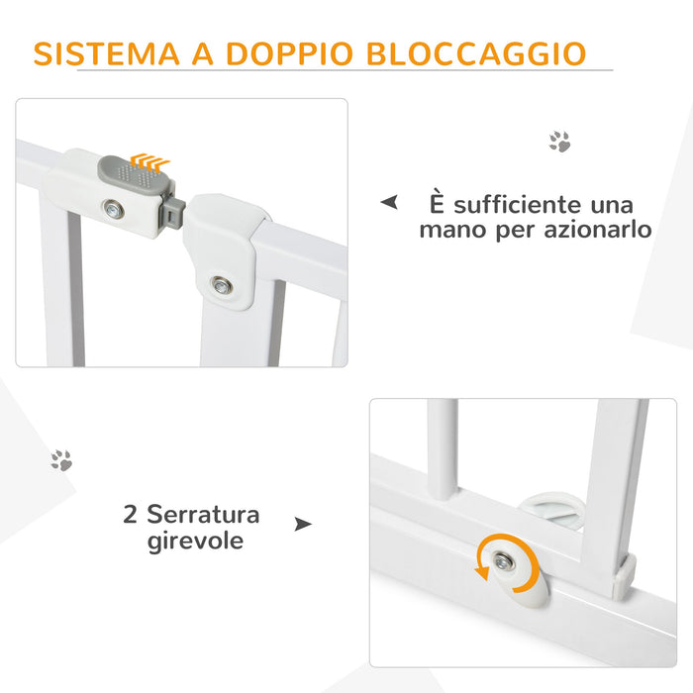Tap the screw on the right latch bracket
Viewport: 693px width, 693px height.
click(222, 286)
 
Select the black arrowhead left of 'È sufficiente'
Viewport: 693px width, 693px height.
click(390, 203)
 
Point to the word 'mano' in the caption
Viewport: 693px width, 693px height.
click(451, 230)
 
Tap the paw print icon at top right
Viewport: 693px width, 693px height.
click(560, 143)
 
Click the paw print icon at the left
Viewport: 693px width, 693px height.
click(61, 459)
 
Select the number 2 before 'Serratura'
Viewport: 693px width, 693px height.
click(130, 515)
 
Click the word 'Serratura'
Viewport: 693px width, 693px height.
click(204, 515)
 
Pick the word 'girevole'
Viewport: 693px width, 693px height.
click(194, 541)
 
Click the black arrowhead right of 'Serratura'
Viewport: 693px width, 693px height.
click(303, 523)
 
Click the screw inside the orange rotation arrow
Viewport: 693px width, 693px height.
click(504, 562)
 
